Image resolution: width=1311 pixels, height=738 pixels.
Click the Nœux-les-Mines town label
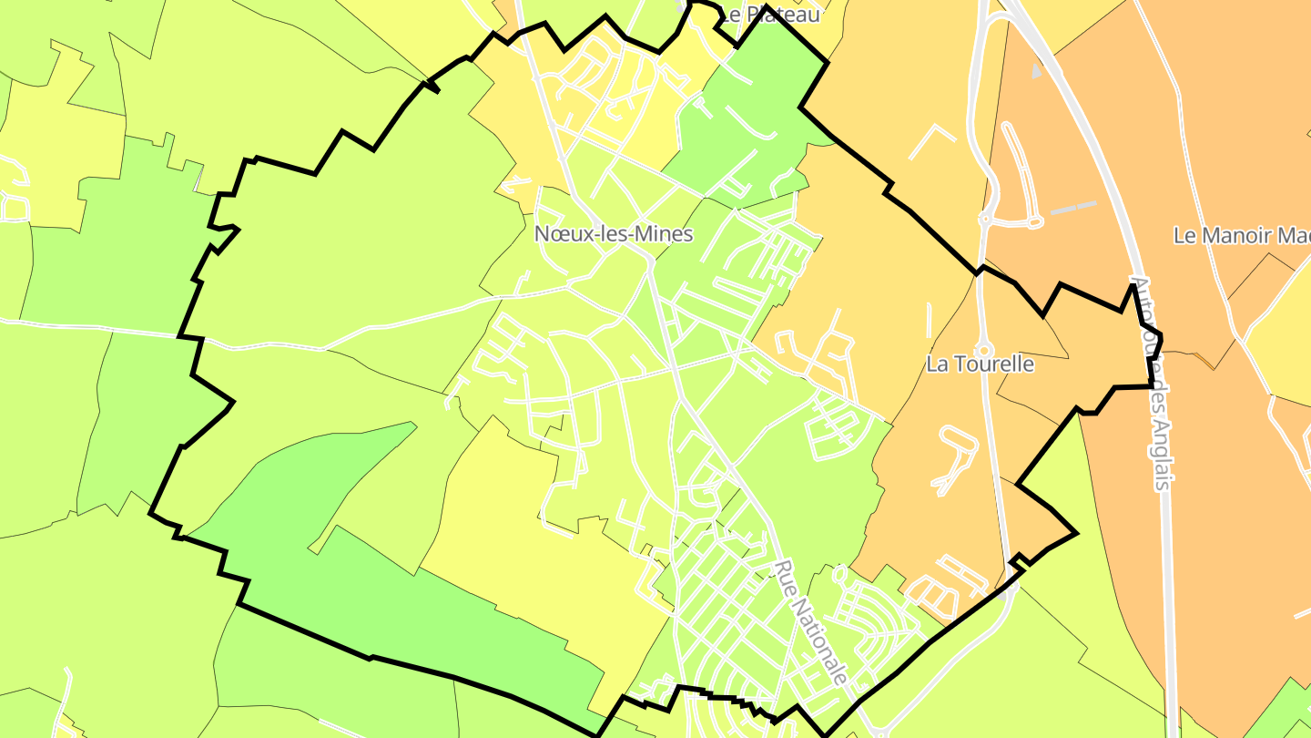coord(613,234)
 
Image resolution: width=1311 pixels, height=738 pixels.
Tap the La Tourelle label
coord(980,364)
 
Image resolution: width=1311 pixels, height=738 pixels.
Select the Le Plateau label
coord(769,14)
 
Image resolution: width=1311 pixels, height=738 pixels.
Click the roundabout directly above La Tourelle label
coord(984,349)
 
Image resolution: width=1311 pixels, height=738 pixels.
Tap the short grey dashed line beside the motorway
coord(1074,209)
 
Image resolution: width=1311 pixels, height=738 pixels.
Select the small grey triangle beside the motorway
coord(1036,70)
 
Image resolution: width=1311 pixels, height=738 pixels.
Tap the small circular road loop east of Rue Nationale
coord(838,575)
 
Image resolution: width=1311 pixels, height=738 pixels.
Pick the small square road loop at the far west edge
coord(15,207)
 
